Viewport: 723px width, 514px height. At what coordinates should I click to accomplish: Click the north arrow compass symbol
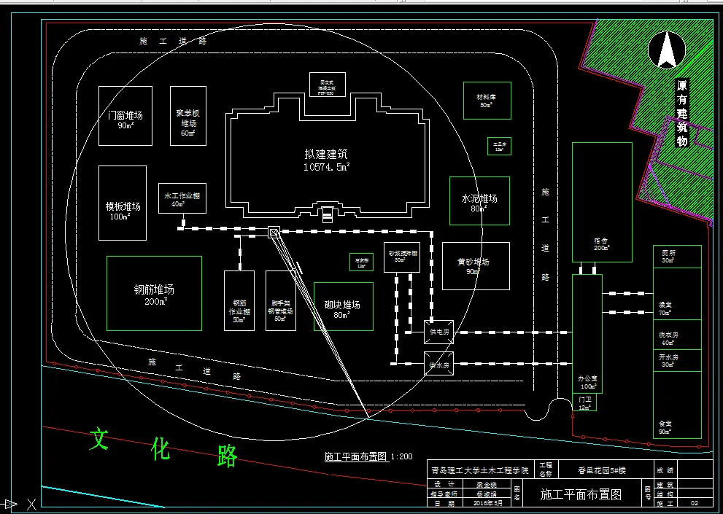[666, 51]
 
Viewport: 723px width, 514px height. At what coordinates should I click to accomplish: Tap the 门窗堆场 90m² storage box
[125, 116]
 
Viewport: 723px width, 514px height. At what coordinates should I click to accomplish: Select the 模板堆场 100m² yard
[123, 203]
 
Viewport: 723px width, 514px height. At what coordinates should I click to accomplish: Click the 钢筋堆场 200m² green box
[154, 293]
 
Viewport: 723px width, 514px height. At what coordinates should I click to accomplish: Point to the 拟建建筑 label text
[326, 155]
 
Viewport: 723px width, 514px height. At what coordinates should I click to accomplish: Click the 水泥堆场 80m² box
[479, 200]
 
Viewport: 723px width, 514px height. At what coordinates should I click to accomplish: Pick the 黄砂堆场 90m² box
[475, 265]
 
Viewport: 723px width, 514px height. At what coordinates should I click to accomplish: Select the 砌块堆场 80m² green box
[343, 306]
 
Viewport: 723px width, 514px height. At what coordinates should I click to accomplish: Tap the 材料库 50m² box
[487, 101]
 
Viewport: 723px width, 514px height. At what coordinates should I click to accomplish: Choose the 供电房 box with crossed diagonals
[438, 332]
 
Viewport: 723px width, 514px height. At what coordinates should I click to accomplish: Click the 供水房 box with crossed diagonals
[438, 364]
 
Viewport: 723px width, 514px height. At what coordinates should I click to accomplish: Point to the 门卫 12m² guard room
[584, 403]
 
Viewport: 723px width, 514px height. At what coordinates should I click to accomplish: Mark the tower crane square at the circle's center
[274, 233]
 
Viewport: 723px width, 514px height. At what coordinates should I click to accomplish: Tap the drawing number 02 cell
[694, 503]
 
